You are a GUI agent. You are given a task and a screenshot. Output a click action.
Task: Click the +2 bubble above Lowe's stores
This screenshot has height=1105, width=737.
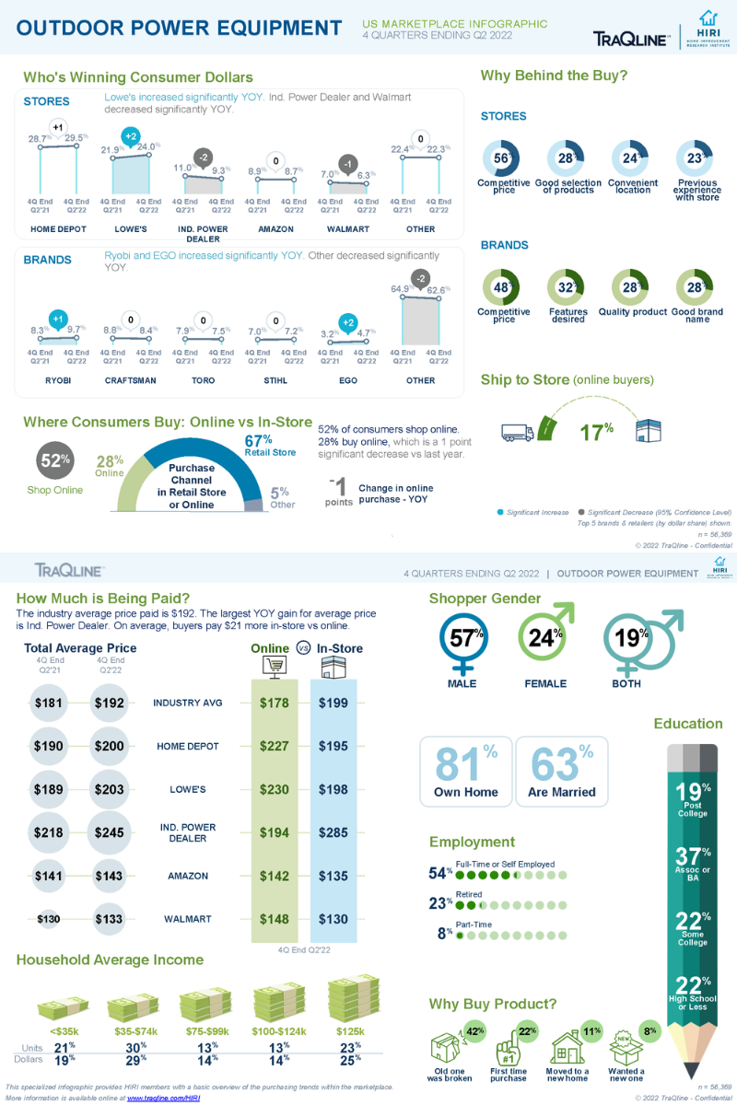point(131,136)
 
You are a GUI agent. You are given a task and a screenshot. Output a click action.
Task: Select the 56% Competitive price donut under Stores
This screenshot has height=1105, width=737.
point(502,158)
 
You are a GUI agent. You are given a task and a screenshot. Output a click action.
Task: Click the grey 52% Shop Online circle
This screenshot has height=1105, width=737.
point(54,461)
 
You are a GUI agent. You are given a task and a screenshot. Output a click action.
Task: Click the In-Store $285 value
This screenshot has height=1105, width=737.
point(333,832)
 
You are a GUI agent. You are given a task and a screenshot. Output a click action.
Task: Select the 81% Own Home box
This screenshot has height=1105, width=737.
point(465,772)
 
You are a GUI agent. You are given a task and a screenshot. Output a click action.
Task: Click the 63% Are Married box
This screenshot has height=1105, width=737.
point(561,772)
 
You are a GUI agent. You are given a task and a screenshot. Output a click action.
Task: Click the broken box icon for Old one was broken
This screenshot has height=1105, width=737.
point(450,1047)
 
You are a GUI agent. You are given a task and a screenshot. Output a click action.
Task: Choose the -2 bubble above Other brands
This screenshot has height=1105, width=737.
point(420,278)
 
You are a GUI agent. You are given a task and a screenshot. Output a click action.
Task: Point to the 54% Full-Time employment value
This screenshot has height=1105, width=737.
point(441,873)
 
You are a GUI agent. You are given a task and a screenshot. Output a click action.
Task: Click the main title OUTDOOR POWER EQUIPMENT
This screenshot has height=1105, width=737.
point(180,29)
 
